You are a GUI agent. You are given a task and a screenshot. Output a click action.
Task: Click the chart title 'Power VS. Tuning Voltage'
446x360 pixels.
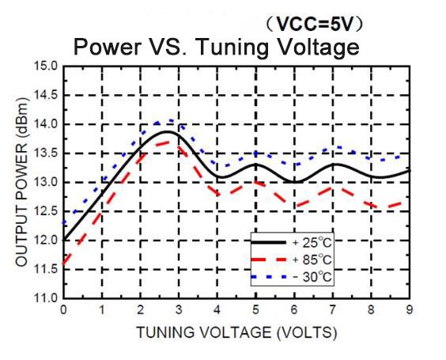[216, 47]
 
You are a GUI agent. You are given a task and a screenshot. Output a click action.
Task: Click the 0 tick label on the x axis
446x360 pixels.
[63, 309]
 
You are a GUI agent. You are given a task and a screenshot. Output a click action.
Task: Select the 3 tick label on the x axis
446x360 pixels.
[179, 309]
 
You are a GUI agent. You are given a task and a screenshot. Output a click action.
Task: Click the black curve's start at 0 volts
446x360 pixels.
[64, 240]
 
